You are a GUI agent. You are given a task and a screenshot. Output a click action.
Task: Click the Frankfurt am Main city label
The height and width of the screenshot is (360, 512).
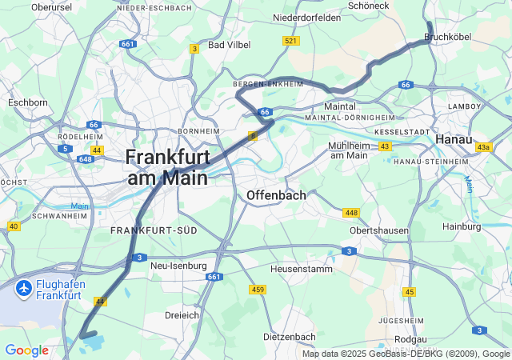pos(166,166)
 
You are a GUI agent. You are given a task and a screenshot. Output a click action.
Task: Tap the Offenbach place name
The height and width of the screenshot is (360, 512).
pos(277,195)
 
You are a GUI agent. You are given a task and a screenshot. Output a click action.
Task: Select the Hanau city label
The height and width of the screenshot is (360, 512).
pos(453,139)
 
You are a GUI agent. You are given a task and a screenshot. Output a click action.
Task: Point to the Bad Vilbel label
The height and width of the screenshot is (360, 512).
pos(229,45)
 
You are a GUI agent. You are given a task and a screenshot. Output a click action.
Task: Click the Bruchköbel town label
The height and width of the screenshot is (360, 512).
pos(447,37)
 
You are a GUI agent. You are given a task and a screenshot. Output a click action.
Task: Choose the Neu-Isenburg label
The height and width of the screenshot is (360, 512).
pos(178,266)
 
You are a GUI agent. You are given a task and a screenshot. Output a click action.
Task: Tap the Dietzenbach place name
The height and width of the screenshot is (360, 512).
pos(290,337)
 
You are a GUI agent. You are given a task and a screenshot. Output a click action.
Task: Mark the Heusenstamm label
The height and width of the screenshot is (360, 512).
pos(300,269)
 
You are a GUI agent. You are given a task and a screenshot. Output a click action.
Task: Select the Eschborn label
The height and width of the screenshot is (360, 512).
pos(28,102)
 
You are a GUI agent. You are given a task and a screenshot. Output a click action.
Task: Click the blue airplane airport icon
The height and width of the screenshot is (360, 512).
pos(23,286)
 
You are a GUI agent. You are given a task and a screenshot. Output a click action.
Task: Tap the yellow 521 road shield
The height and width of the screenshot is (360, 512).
pos(290,40)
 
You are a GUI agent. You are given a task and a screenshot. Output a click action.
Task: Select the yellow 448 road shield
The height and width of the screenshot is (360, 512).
pos(350,212)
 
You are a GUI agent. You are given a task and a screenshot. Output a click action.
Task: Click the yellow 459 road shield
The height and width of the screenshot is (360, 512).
pos(258,289)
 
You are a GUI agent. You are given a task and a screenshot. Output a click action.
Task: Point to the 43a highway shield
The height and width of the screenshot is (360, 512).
pos(483,147)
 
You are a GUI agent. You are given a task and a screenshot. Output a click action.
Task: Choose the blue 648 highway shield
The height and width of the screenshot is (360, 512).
pos(86,159)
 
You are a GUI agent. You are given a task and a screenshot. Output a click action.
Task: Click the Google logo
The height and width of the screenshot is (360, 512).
pos(26,350)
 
